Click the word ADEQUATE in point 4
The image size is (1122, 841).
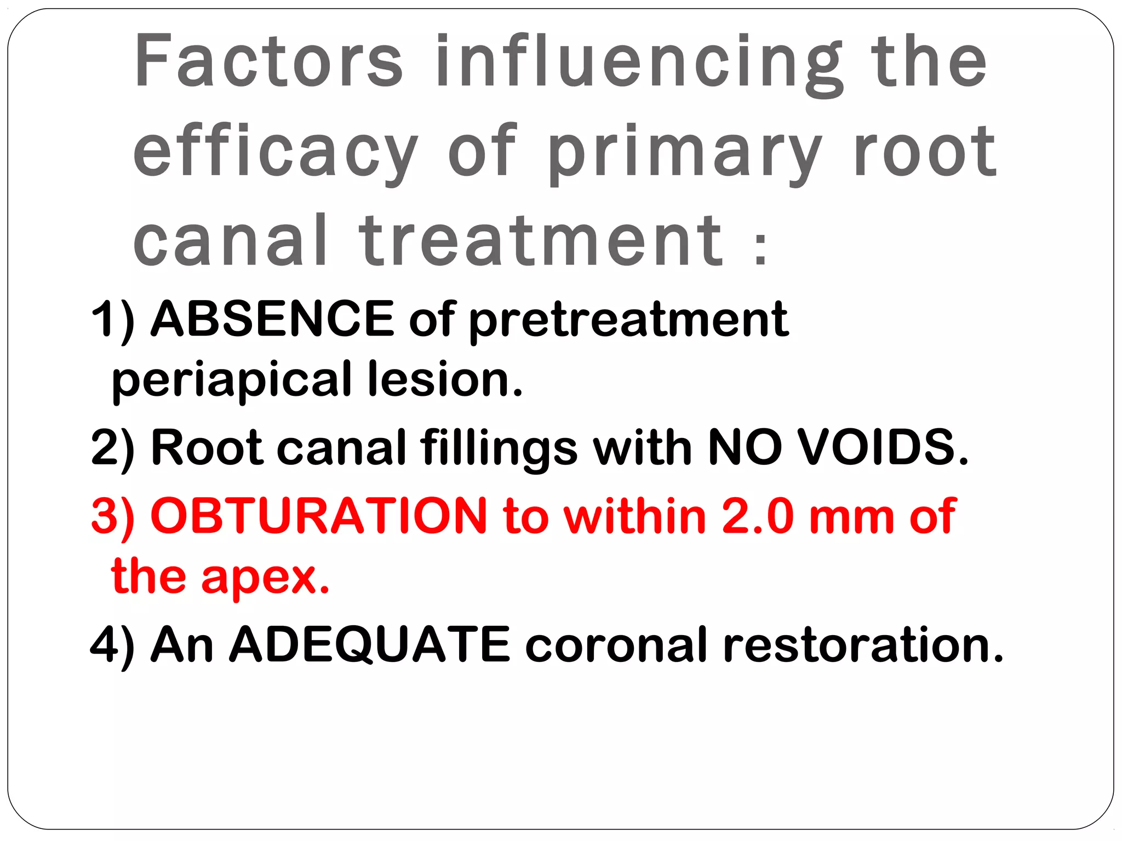pos(370,645)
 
